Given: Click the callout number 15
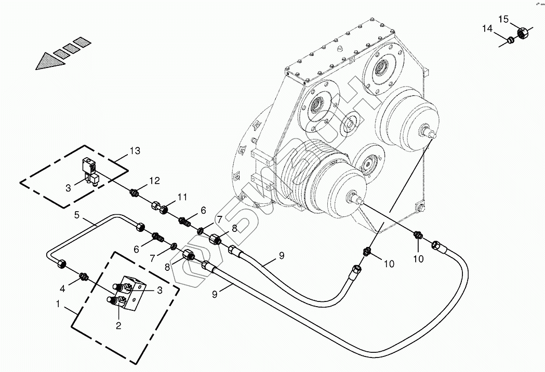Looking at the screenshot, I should pos(503,19).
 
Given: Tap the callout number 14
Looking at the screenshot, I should pos(487,29).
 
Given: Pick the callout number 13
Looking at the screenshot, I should pos(135,151).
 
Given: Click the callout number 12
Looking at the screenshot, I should pos(155,181).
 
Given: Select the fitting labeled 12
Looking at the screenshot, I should pos(135,193).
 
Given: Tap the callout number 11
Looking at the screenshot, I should pos(181,197).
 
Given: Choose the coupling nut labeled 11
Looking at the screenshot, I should pos(162,208).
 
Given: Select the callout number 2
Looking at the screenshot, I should pos(118,326).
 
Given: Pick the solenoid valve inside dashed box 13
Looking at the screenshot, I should pos(89,170).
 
